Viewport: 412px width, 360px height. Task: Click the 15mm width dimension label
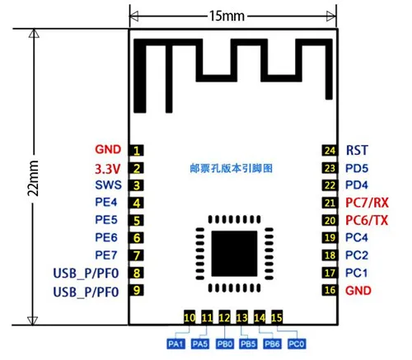coord(227,16)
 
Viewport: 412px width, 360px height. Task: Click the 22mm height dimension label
coord(33,178)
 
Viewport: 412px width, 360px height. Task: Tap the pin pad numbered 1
coord(137,151)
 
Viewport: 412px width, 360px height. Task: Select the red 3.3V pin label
coord(107,169)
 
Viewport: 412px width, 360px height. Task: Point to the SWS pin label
coord(108,185)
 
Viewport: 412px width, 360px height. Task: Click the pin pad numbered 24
coord(330,151)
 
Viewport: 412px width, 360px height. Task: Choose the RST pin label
coord(357,150)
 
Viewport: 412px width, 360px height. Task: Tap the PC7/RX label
coord(367,203)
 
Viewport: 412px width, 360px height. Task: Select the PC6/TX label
coord(367,220)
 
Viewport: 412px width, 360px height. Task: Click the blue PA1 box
coord(176,344)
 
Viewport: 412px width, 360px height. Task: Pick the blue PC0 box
coord(297,344)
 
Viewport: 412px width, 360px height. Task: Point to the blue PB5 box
coord(248,344)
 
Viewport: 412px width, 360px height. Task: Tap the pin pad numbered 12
coord(224,317)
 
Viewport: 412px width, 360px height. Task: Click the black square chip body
coord(234,254)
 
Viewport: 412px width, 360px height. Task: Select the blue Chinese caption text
coord(232,168)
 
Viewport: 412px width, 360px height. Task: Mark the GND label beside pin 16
coord(358,291)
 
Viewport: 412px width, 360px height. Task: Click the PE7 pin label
coord(106,255)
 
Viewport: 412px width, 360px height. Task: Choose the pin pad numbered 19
coord(330,238)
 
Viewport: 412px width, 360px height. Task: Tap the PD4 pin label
coord(357,185)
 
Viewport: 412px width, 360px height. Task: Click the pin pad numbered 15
coord(277,317)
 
